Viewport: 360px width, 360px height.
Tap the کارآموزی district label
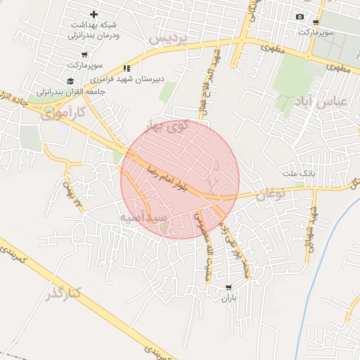[63, 112]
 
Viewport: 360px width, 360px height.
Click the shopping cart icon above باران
[229, 287]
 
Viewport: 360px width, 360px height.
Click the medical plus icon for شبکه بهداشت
[94, 14]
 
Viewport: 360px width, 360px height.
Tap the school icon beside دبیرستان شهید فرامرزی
[127, 68]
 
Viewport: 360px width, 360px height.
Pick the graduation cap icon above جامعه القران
[71, 81]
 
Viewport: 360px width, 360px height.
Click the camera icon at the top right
[300, 17]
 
